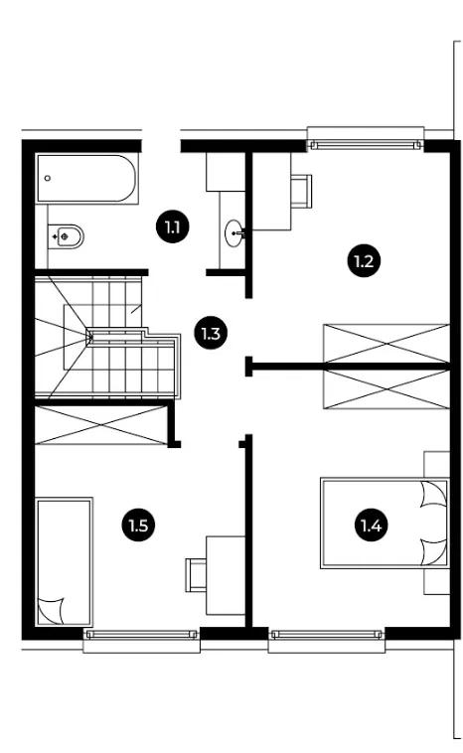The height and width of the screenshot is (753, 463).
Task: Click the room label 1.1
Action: [173, 226]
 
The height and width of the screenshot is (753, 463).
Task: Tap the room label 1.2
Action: [364, 261]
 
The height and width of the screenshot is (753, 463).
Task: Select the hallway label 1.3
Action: [211, 333]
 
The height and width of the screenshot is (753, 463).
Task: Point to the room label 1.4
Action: [371, 526]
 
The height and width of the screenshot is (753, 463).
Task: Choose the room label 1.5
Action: [138, 526]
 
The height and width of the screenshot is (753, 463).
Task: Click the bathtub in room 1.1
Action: [86, 178]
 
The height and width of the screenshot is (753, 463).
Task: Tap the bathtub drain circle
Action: [47, 178]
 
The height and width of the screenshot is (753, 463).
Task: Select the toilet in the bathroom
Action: [67, 236]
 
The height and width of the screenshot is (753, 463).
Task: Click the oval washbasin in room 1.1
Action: [234, 232]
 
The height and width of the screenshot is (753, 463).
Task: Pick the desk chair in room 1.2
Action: [302, 191]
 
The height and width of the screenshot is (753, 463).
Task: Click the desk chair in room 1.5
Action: [196, 575]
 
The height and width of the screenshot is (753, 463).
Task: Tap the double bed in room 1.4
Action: [385, 523]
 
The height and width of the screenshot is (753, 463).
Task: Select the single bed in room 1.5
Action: [64, 561]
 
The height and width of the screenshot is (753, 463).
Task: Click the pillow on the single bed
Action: [51, 611]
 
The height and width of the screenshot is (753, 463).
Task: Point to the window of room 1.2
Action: [366, 144]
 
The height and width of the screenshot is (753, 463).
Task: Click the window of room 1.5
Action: [141, 635]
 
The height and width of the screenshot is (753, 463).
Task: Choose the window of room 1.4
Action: [327, 635]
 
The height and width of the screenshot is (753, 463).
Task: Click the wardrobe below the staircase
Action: [101, 425]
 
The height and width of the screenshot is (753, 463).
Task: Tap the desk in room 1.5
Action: [226, 575]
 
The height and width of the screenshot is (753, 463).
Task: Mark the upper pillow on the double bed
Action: [433, 494]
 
